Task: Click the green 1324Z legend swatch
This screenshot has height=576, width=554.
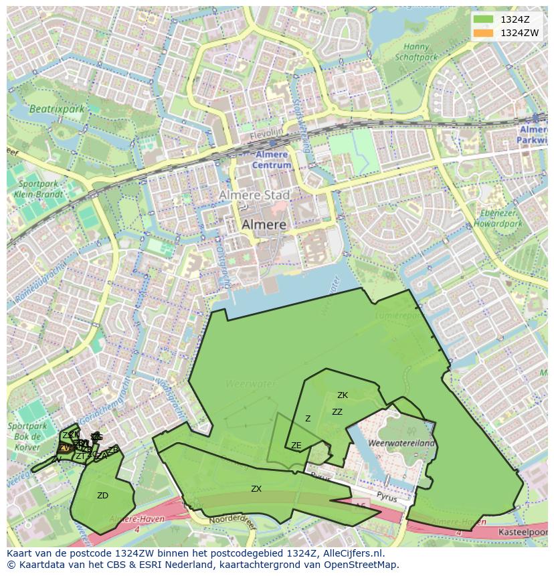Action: pos(483,19)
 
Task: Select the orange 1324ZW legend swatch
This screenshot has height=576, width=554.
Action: pos(483,33)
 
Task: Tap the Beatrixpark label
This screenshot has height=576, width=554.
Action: pos(56,108)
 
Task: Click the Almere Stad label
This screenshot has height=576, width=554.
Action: pos(254,195)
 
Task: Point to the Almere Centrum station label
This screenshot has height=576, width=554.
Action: pos(272,160)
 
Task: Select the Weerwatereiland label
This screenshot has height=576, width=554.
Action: pos(401,443)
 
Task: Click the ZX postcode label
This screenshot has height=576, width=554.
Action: pos(256,489)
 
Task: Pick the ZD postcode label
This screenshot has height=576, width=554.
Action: pos(102,496)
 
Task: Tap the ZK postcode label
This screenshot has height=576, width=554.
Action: pos(343,395)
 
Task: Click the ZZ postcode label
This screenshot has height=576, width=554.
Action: pos(337,412)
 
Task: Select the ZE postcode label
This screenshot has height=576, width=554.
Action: pos(296,446)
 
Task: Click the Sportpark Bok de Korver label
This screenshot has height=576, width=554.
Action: pos(27,436)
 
